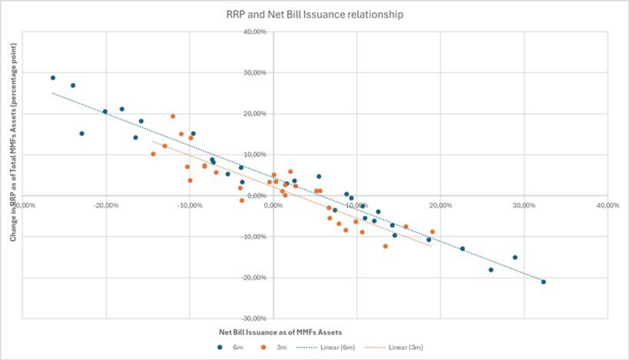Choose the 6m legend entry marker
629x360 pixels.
[219, 347]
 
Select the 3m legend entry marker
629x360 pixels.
[262, 347]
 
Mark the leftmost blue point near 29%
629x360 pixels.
[53, 78]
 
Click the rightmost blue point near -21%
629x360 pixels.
[543, 282]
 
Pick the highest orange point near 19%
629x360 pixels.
[173, 116]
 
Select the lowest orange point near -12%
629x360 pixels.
[386, 246]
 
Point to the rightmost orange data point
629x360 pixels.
[432, 232]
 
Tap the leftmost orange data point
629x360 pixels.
[153, 154]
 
